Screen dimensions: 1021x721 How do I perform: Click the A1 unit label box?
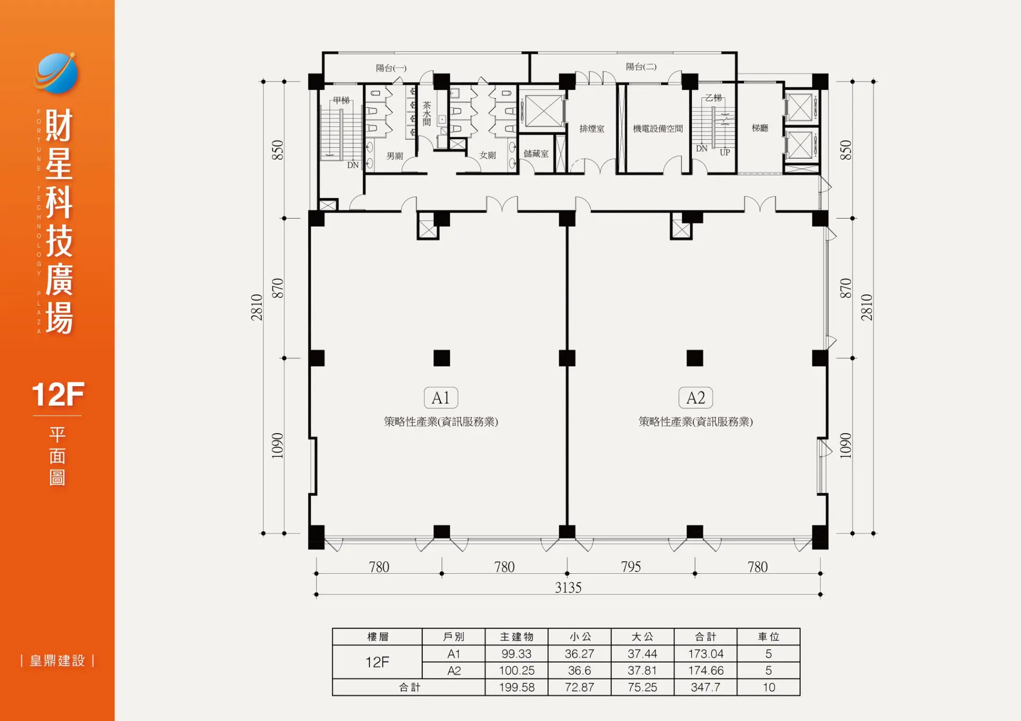pyautogui.click(x=441, y=397)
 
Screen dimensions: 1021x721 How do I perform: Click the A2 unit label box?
pyautogui.click(x=696, y=397)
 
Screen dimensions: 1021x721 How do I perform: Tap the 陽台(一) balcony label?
pyautogui.click(x=391, y=68)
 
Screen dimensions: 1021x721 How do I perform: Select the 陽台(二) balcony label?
pyautogui.click(x=641, y=67)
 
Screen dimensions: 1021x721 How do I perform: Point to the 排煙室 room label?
pyautogui.click(x=592, y=129)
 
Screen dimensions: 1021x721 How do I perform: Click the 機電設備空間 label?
pyautogui.click(x=658, y=129)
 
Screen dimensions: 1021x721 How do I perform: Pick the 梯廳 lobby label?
pyautogui.click(x=760, y=128)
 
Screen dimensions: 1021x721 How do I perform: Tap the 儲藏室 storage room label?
pyautogui.click(x=536, y=154)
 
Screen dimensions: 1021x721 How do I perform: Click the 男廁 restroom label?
pyautogui.click(x=395, y=156)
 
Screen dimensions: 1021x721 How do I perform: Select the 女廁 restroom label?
pyautogui.click(x=488, y=155)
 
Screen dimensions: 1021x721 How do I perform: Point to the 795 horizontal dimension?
pyautogui.click(x=631, y=567)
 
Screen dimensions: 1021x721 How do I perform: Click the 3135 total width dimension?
pyautogui.click(x=568, y=587)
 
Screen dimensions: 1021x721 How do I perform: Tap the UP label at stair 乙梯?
pyautogui.click(x=725, y=153)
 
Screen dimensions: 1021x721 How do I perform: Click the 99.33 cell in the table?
pyautogui.click(x=516, y=653)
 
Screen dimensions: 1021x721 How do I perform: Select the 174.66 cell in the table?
pyautogui.click(x=706, y=670)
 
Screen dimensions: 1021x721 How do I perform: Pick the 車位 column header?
pyautogui.click(x=768, y=637)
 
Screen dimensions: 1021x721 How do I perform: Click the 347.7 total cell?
pyautogui.click(x=706, y=687)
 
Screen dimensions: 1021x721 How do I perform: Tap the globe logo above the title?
pyautogui.click(x=56, y=73)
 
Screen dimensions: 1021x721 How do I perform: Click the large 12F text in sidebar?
pyautogui.click(x=58, y=394)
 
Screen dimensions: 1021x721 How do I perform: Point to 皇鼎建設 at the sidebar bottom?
pyautogui.click(x=57, y=661)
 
